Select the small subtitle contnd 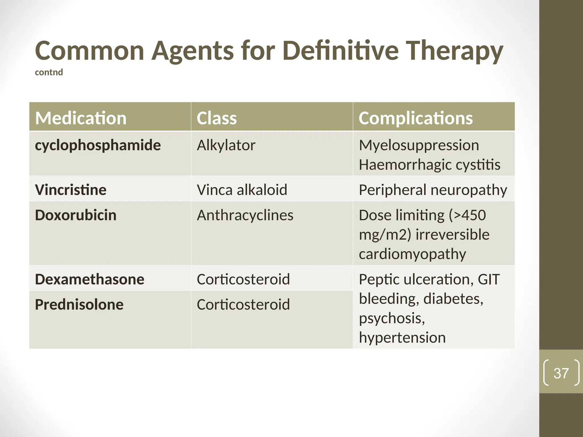point(49,72)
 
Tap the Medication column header point(81,118)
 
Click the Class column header point(217,118)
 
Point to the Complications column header point(415,118)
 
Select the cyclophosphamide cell point(98,145)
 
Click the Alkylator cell point(226,145)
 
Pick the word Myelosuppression point(419,145)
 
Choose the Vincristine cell point(71,190)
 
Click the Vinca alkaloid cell point(242,190)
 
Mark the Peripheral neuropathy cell point(433,190)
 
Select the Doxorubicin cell point(76,215)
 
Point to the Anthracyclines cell point(245,215)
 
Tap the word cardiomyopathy point(412,254)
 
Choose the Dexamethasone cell point(89,279)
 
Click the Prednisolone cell point(79,304)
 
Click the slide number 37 point(561,373)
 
